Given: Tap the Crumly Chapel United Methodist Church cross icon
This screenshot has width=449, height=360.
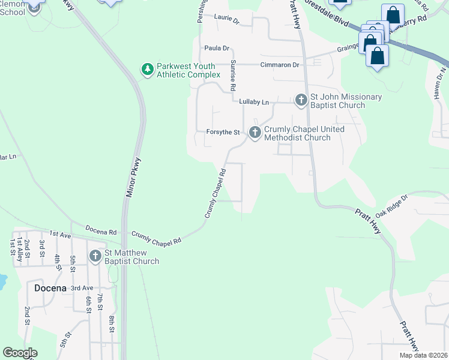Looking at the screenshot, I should [x=255, y=132].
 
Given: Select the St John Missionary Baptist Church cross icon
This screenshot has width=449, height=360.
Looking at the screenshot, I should [x=301, y=100].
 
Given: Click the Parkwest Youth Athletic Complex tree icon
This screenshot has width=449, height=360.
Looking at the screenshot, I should [x=147, y=70].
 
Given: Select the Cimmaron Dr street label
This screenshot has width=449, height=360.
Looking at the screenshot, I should [x=279, y=65].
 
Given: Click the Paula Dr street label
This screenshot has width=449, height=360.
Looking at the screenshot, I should [x=217, y=48].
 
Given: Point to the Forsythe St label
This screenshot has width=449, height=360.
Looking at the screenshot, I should [x=223, y=132].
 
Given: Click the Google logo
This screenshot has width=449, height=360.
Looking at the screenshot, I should [x=20, y=353].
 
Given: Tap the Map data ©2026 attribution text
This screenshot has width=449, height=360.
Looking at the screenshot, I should [x=423, y=355].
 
